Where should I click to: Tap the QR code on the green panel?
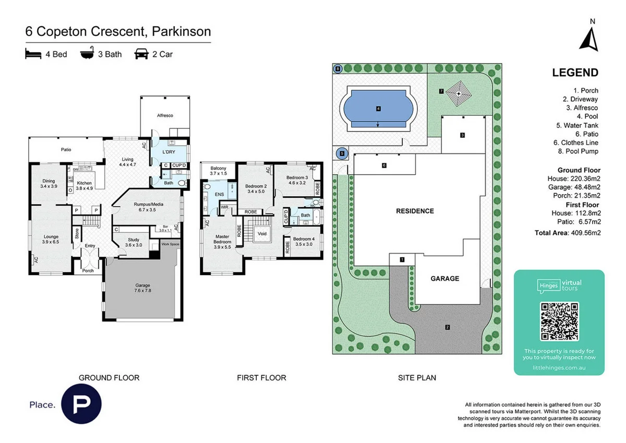tap(559, 321)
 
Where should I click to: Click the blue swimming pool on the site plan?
tap(378, 109)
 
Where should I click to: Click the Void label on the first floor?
tap(262, 234)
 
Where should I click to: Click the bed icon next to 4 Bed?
tap(33, 54)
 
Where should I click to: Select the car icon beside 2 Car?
tap(141, 54)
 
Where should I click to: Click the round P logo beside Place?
tap(81, 404)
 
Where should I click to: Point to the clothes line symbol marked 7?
tap(459, 93)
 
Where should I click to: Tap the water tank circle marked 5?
tap(342, 153)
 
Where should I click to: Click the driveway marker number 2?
tap(447, 327)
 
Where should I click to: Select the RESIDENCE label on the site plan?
tap(415, 211)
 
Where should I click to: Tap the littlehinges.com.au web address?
tap(559, 367)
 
